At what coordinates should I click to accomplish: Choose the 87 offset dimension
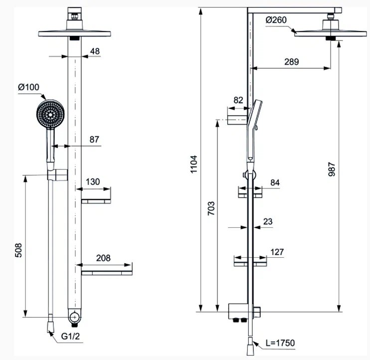tap(95, 140)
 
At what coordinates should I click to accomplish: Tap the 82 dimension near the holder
tap(238, 100)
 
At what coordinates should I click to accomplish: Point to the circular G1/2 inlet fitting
tap(74, 316)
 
